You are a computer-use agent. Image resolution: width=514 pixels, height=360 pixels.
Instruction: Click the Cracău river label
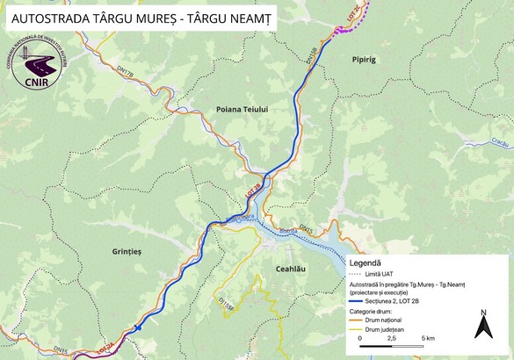point(501,141)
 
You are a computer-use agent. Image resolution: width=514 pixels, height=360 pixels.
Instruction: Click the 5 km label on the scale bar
point(428,337)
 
